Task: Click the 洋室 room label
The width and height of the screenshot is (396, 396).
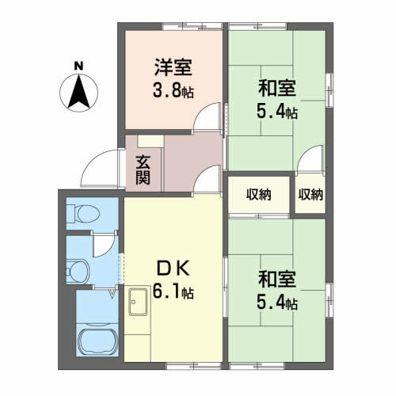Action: pyautogui.click(x=173, y=67)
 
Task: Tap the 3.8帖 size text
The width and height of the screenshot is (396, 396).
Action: pyautogui.click(x=173, y=90)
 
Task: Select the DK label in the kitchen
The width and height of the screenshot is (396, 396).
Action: pyautogui.click(x=173, y=268)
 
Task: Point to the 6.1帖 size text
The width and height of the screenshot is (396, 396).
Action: pyautogui.click(x=173, y=291)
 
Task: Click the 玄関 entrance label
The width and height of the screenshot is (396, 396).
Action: pyautogui.click(x=143, y=170)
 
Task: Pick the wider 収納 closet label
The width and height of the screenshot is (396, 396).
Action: pyautogui.click(x=259, y=195)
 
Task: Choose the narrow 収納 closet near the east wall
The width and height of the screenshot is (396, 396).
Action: pyautogui.click(x=310, y=195)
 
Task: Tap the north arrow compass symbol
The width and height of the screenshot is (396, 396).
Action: pyautogui.click(x=78, y=93)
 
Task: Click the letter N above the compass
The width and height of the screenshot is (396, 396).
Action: pyautogui.click(x=78, y=66)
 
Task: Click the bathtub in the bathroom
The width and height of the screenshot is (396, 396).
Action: pyautogui.click(x=98, y=342)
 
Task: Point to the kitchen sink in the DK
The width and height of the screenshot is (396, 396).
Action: pyautogui.click(x=138, y=302)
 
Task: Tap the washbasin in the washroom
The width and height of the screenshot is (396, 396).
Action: pyautogui.click(x=78, y=272)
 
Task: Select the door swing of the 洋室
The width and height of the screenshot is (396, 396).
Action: pyautogui.click(x=208, y=116)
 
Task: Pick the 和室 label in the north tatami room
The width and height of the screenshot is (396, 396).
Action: pyautogui.click(x=277, y=89)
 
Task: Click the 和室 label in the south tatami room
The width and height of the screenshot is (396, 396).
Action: pyautogui.click(x=277, y=279)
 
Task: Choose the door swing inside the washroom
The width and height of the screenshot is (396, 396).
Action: pyautogui.click(x=104, y=246)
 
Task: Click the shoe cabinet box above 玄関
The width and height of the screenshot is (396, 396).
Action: pyautogui.click(x=150, y=141)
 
